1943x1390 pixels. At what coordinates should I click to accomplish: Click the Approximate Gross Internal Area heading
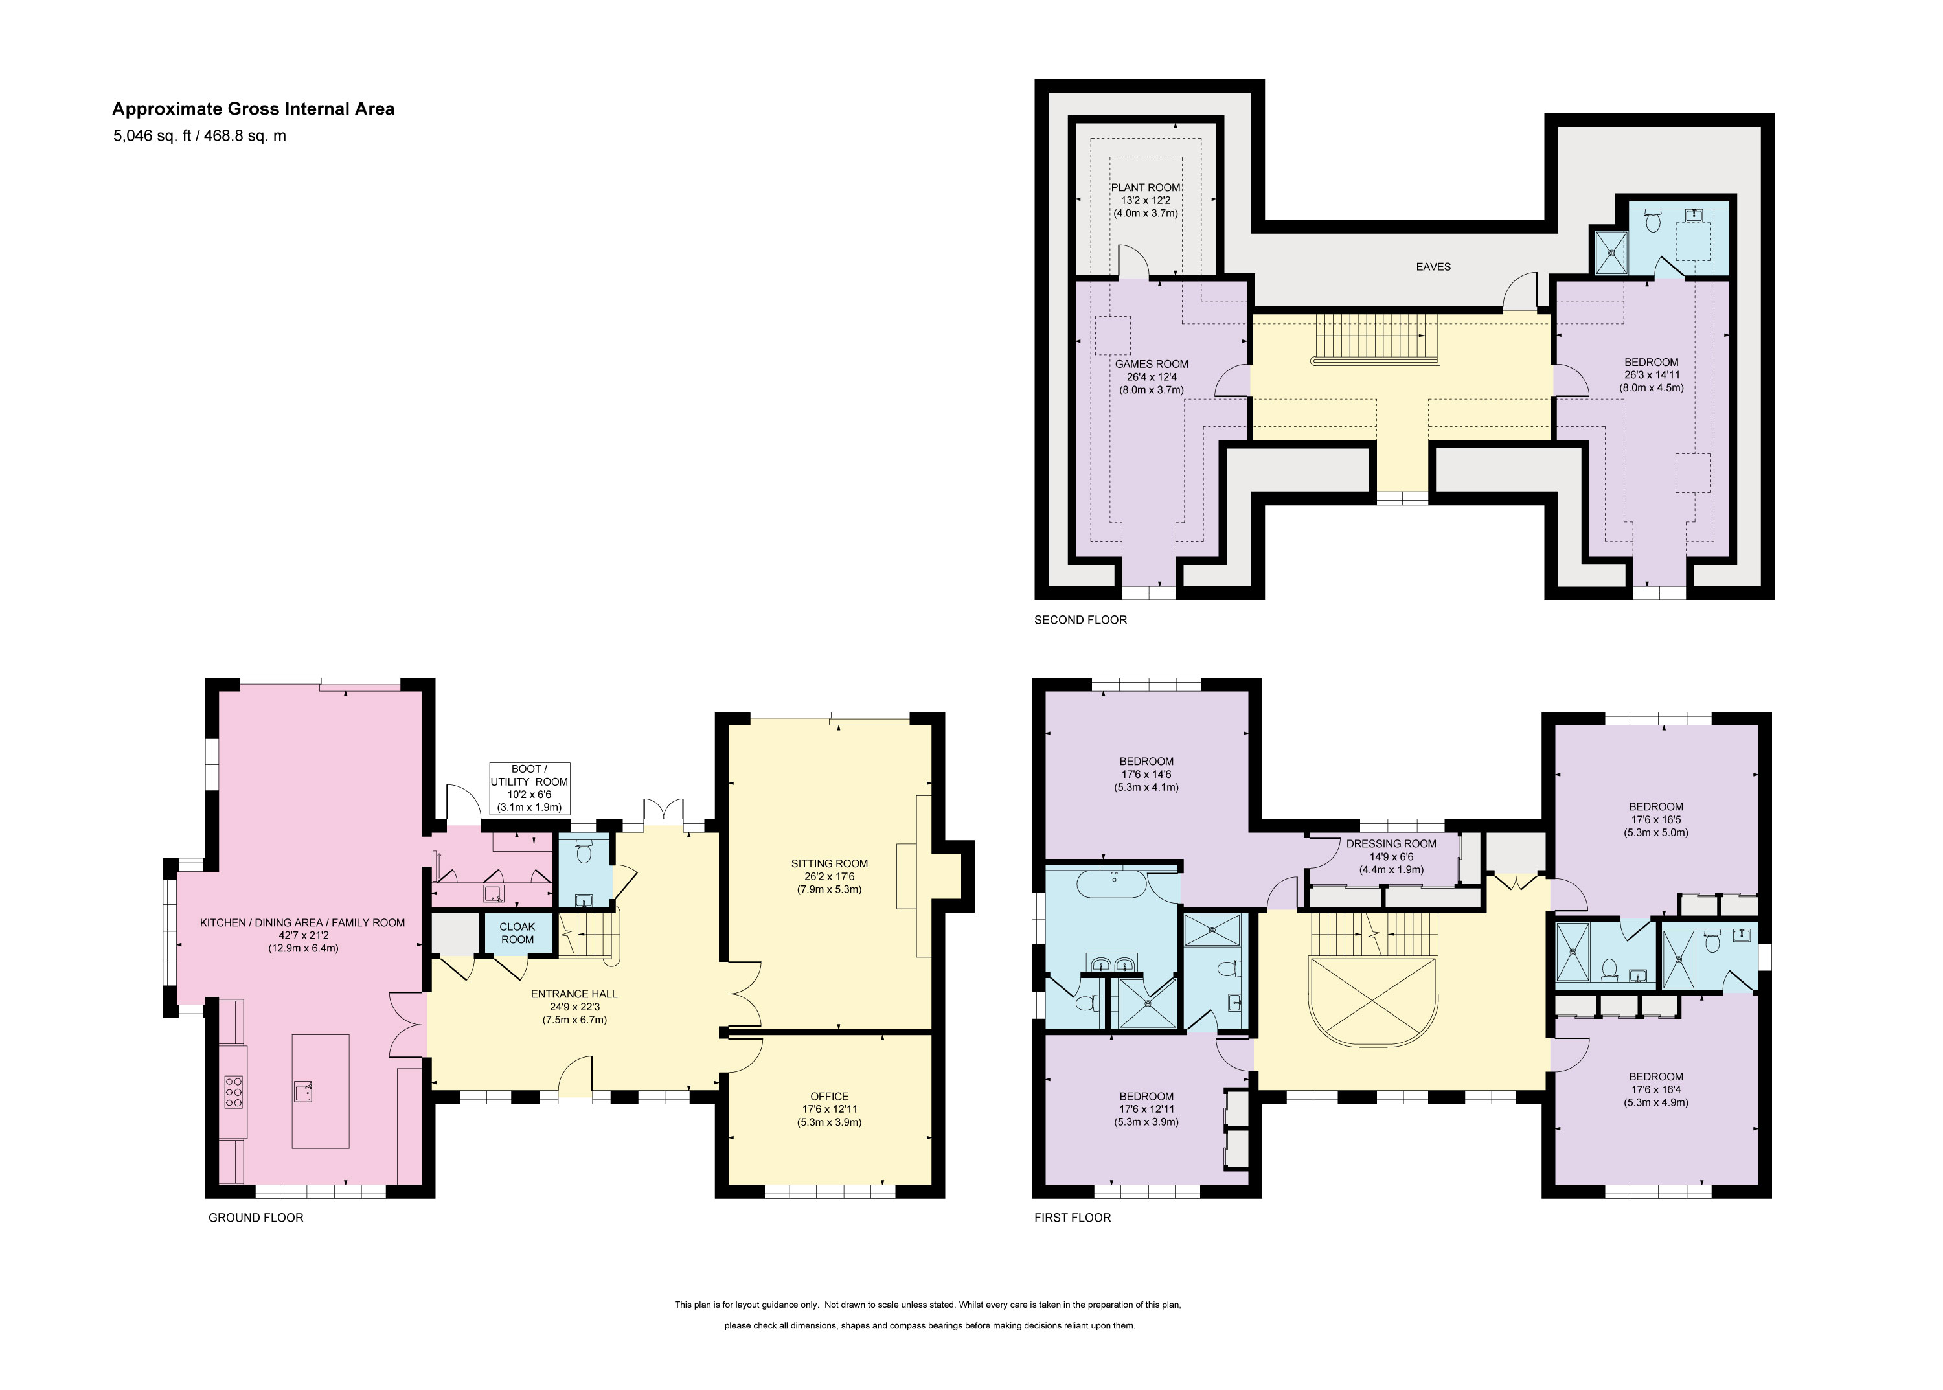[x=253, y=109]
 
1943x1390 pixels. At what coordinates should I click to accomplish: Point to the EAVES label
[x=1433, y=267]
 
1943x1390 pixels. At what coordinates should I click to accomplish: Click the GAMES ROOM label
[x=1152, y=364]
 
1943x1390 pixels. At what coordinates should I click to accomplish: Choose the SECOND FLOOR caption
[x=1080, y=620]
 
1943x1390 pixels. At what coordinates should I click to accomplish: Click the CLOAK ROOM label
[x=517, y=933]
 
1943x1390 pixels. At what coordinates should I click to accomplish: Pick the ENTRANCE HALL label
[x=573, y=994]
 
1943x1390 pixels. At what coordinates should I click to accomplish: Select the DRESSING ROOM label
[x=1391, y=844]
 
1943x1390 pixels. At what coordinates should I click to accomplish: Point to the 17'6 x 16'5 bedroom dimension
[x=1655, y=819]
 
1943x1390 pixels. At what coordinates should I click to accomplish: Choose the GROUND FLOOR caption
[x=256, y=1217]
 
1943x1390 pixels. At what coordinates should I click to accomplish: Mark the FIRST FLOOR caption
[x=1073, y=1217]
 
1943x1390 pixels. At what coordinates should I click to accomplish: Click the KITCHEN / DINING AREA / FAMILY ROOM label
[x=302, y=922]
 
